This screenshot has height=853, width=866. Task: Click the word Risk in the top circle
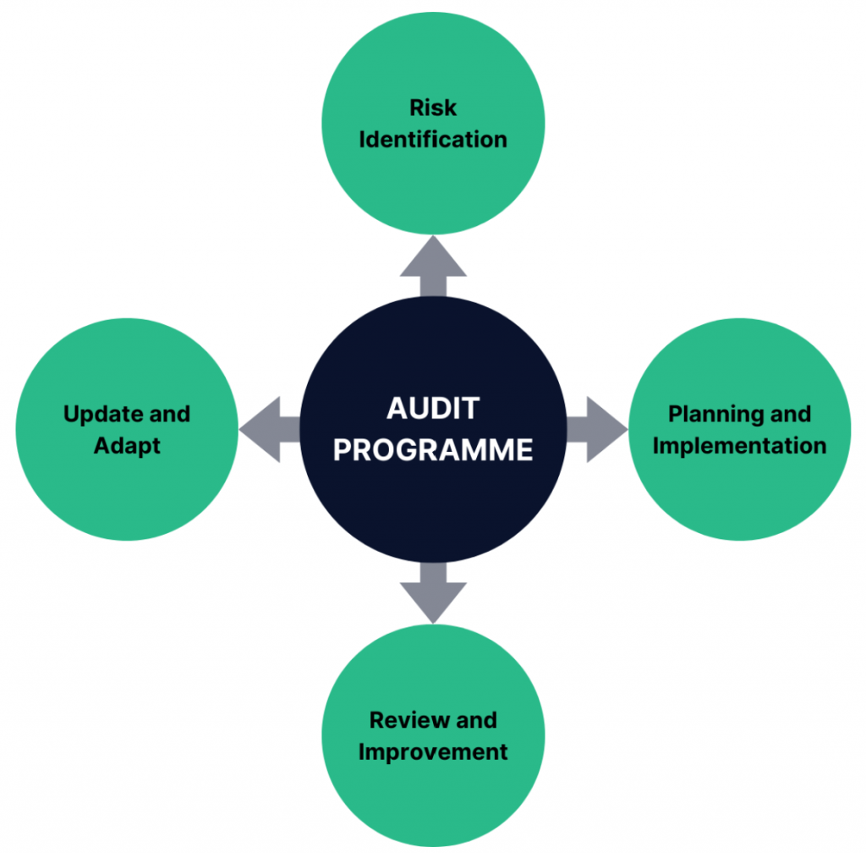pyautogui.click(x=433, y=107)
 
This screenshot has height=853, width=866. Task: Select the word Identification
pyautogui.click(x=433, y=140)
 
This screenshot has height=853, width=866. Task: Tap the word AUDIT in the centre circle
pyautogui.click(x=433, y=409)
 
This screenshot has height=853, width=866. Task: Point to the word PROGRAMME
pyautogui.click(x=433, y=449)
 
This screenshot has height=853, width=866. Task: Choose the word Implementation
pyautogui.click(x=739, y=446)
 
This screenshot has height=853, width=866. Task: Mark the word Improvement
pyautogui.click(x=433, y=751)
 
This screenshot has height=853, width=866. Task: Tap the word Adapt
pyautogui.click(x=127, y=446)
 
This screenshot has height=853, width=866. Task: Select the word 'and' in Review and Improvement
pyautogui.click(x=476, y=720)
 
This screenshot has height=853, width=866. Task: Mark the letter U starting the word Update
pyautogui.click(x=72, y=415)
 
